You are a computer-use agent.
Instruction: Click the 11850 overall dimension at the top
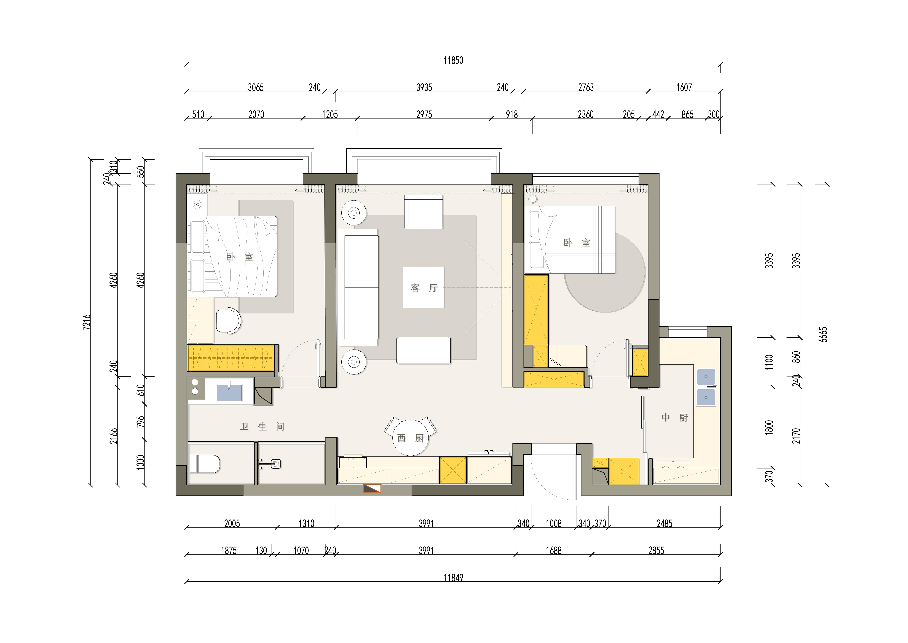point(453,60)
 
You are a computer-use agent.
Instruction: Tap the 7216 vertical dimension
point(87,322)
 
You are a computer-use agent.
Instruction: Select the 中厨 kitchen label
point(675,417)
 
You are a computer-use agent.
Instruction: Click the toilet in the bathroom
point(204,464)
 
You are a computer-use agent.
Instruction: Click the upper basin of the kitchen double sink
point(706,377)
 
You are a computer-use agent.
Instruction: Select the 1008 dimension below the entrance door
point(554,523)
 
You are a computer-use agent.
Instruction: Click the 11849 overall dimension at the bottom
point(453,578)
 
